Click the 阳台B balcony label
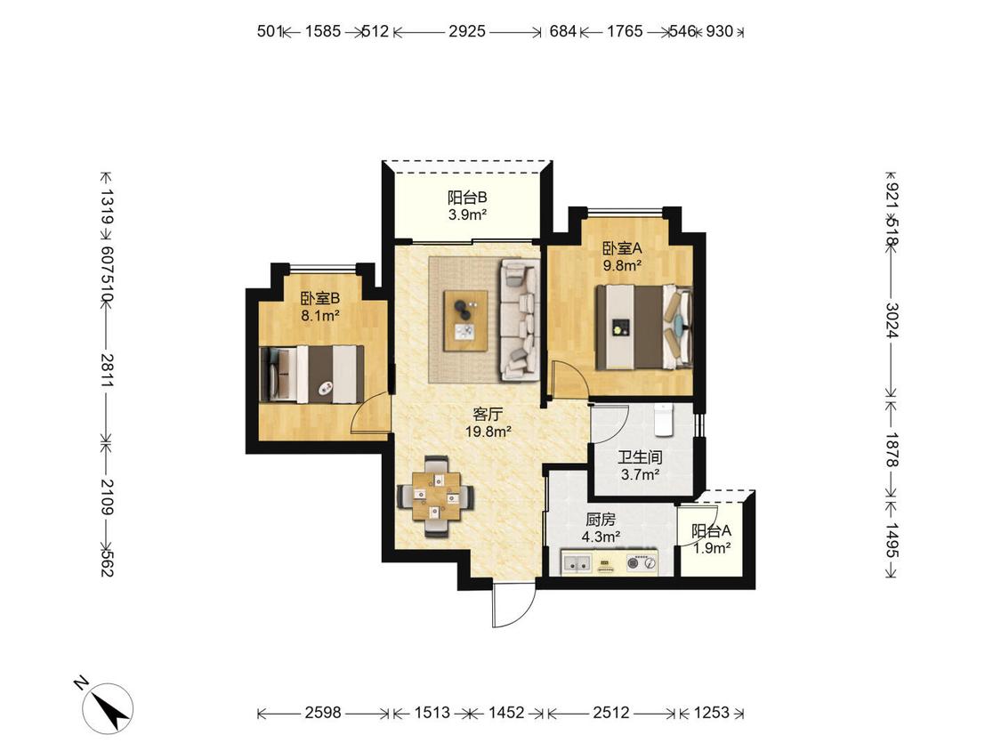[467, 197]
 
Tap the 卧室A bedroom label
[622, 247]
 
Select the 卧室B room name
[319, 297]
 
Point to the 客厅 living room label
[488, 414]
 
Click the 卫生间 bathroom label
[640, 457]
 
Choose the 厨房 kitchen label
[600, 520]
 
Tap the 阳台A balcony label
[712, 530]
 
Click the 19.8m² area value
[488, 432]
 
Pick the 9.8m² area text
[622, 265]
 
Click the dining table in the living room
[436, 497]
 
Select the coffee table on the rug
[466, 320]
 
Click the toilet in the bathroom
[664, 420]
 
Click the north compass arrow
[109, 707]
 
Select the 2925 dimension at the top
[467, 31]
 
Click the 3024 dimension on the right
[892, 320]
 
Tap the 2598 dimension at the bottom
[323, 713]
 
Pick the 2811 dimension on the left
[107, 370]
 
